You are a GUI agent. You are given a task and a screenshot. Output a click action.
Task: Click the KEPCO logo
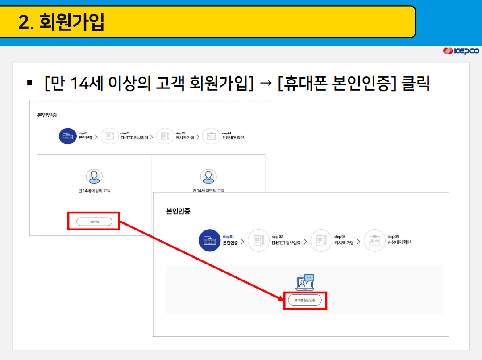[x=461, y=51]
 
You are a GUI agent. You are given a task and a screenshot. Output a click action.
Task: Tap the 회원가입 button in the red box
[x=94, y=221]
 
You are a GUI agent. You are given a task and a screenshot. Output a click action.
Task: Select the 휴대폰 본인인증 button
[x=305, y=301]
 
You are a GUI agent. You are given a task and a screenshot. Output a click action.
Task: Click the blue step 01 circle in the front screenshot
[x=210, y=240]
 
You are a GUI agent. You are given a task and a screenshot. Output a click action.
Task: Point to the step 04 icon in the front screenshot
[x=374, y=240]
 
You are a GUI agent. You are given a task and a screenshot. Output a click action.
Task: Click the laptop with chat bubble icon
[x=305, y=283]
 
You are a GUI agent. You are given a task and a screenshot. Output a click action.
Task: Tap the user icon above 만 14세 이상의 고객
[x=94, y=176]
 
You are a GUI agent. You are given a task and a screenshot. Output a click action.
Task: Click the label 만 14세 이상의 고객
[x=94, y=191]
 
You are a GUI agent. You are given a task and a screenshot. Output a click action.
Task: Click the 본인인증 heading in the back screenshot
[x=47, y=115]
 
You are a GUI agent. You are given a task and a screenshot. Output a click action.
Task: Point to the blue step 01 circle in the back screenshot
[x=68, y=136]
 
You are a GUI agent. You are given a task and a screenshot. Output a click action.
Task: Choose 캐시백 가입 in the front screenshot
[x=344, y=243]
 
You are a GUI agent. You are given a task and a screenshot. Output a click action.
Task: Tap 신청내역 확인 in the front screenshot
[x=399, y=243]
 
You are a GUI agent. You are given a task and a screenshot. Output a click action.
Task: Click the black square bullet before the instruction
[x=30, y=83]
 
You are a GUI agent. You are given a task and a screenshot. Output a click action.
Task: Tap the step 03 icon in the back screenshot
[x=165, y=136]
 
